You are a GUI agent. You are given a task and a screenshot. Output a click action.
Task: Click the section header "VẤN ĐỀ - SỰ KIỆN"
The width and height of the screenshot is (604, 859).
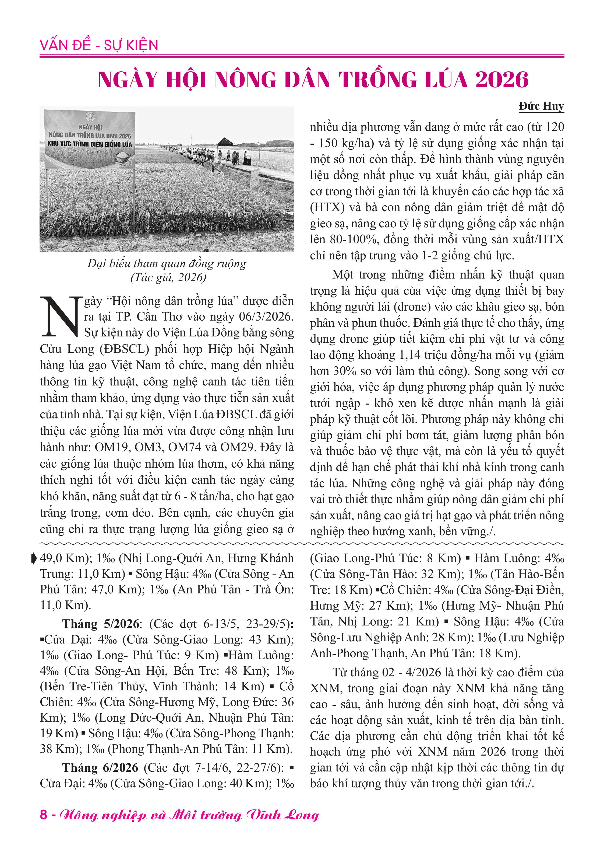click(99, 45)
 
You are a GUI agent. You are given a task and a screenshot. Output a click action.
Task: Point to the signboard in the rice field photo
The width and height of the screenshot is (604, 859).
click(90, 139)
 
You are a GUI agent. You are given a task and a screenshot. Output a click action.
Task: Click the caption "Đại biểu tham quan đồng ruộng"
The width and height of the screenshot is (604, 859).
click(167, 264)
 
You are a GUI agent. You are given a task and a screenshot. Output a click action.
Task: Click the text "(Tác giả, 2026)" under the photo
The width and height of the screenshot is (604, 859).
click(168, 277)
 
